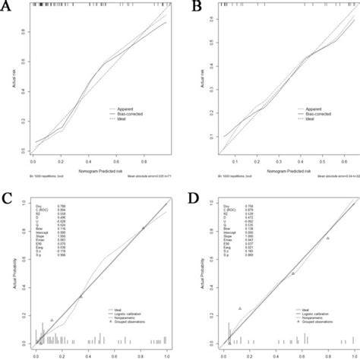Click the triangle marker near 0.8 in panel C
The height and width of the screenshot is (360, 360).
[x=142, y=228]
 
